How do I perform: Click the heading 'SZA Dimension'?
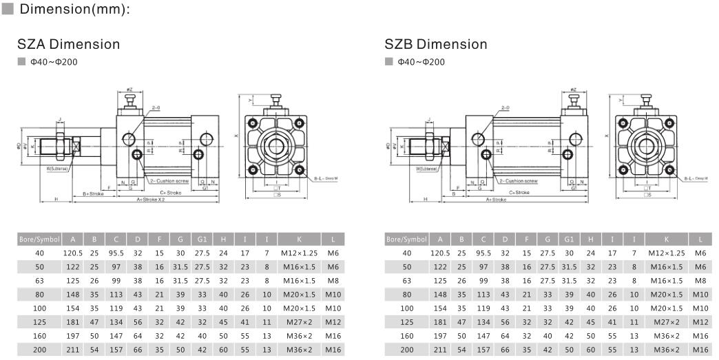pyautogui.click(x=68, y=45)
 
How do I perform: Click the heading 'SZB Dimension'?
pyautogui.click(x=435, y=45)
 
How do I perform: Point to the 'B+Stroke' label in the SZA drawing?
pyautogui.click(x=94, y=193)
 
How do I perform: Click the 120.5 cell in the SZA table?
pyautogui.click(x=72, y=253)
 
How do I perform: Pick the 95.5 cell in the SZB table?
pyautogui.click(x=483, y=253)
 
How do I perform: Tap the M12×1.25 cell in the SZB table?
pyautogui.click(x=667, y=253)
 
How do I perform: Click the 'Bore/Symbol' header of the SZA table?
pyautogui.click(x=40, y=240)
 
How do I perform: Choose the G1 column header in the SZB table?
pyautogui.click(x=569, y=240)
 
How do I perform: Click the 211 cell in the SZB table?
pyautogui.click(x=440, y=350)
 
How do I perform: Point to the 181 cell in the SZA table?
pyautogui.click(x=72, y=322)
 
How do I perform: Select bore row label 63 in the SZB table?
pyautogui.click(x=407, y=281)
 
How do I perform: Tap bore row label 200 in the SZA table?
pyautogui.click(x=40, y=350)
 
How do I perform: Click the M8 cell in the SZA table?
pyautogui.click(x=333, y=281)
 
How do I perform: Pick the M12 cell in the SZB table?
pyautogui.click(x=700, y=322)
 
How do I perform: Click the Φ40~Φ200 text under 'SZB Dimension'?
pyautogui.click(x=420, y=62)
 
